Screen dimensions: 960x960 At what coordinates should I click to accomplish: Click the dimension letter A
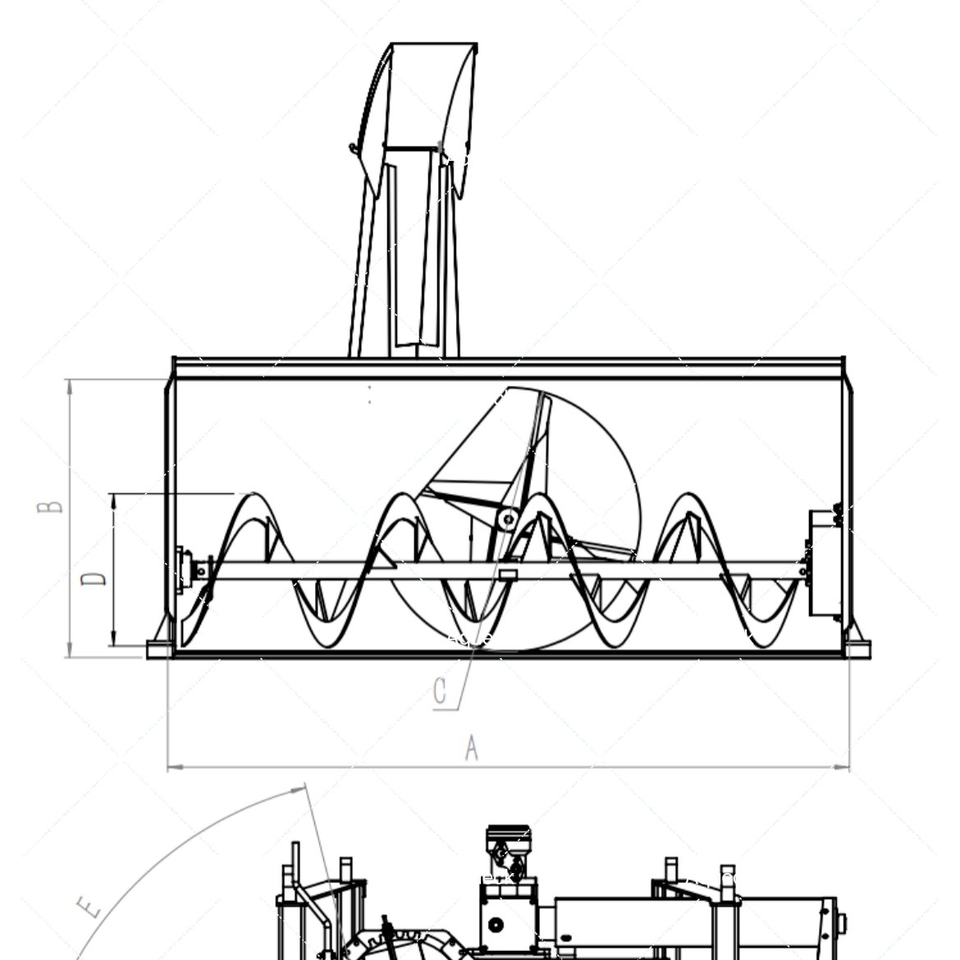471,747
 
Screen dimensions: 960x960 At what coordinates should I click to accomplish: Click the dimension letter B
49,507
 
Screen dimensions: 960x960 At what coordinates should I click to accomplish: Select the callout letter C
440,691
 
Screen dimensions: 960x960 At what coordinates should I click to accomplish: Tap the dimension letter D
94,578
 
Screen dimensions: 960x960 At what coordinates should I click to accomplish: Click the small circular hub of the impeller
508,520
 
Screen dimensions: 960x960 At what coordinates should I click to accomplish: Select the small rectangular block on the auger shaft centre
508,574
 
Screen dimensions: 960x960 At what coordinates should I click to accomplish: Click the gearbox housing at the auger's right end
825,563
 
